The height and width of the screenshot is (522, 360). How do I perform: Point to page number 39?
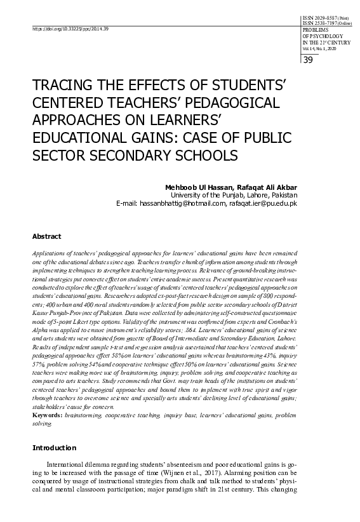pyautogui.click(x=308, y=60)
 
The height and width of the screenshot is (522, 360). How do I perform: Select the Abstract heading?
pyautogui.click(x=46, y=236)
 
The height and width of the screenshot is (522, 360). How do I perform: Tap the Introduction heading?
pyautogui.click(x=54, y=448)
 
